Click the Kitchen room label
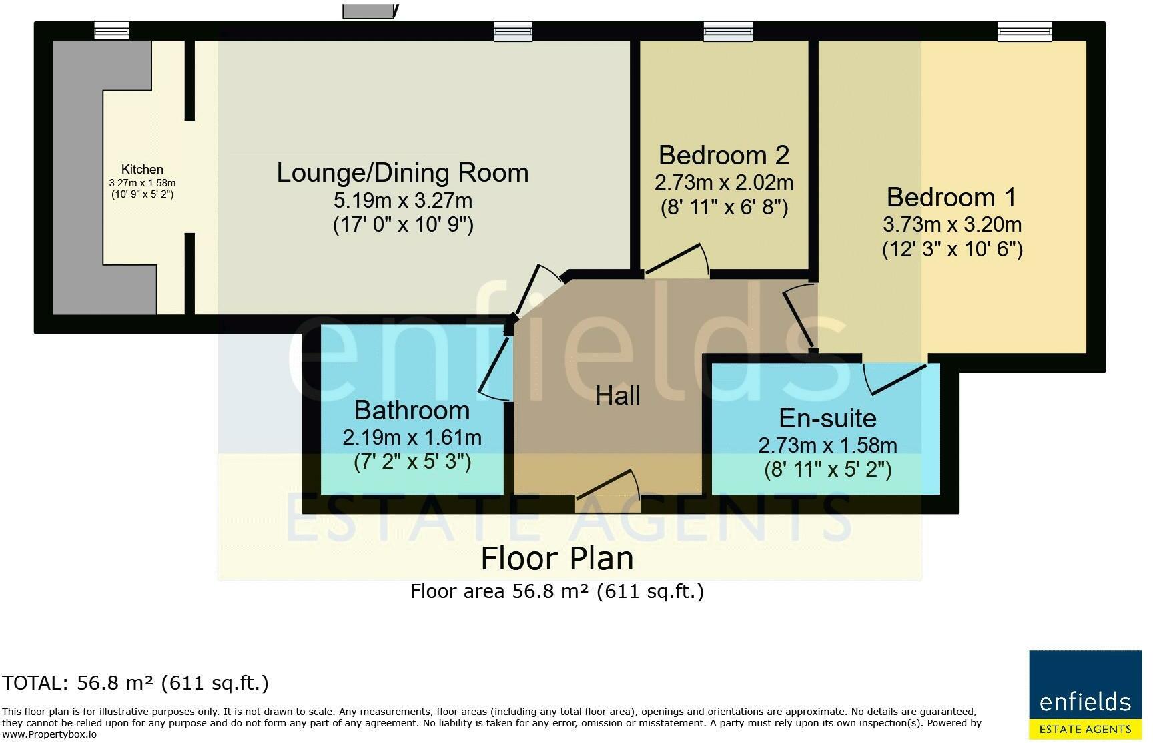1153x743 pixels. coord(142,170)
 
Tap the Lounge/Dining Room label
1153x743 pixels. coord(402,172)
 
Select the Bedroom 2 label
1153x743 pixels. coord(724,155)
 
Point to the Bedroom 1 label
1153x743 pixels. coord(952,197)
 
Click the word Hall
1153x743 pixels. coord(618,395)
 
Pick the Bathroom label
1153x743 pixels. coord(412,410)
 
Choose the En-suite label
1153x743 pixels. coord(828,418)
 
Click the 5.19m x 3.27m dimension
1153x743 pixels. coord(403,200)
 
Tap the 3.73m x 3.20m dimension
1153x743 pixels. coord(952,224)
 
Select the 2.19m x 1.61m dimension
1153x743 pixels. coord(412,437)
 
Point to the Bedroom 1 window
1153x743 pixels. coord(1024,31)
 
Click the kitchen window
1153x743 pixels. coord(111,31)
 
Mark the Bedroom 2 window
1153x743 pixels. coord(728,31)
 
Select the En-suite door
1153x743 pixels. coord(895,379)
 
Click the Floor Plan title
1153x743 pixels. coord(557,558)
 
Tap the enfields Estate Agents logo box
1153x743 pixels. coord(1086,695)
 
